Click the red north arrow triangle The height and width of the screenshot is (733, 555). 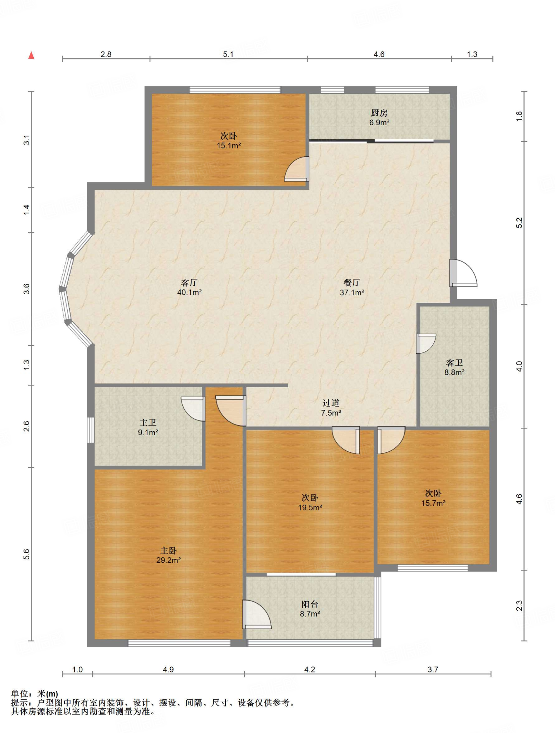31,55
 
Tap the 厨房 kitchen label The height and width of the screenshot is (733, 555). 379,113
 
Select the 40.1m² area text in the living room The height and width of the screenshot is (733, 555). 189,292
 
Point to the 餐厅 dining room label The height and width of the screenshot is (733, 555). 352,282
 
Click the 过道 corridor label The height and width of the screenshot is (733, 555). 331,403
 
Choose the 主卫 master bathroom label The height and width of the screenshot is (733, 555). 148,423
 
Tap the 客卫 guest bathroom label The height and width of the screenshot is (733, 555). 454,363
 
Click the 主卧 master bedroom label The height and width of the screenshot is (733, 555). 168,551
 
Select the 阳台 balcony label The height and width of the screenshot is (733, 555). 310,605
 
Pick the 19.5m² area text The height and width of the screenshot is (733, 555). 310,508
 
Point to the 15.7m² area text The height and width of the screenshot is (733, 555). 433,503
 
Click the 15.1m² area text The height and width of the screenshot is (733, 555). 229,146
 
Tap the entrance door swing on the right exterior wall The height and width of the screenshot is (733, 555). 463,273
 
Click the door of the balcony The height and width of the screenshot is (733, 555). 257,615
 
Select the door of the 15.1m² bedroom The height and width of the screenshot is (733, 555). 297,169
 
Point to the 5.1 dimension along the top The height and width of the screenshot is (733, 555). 228,54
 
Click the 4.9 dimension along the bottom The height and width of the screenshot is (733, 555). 168,669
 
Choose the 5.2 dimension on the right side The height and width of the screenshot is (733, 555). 519,223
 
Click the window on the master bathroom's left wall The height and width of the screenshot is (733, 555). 91,430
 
